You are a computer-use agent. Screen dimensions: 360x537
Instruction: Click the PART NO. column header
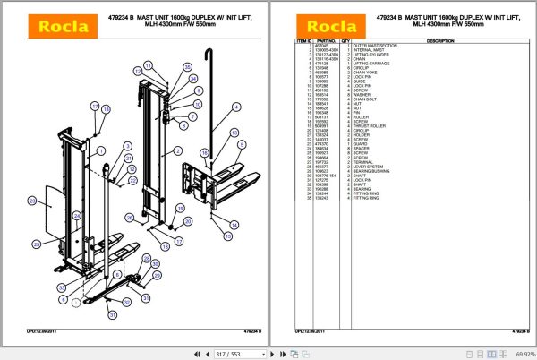[323, 41]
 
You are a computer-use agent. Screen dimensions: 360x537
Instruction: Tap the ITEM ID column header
[303, 41]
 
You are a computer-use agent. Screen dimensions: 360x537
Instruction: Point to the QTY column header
[343, 41]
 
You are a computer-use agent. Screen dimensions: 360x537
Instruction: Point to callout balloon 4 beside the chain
[237, 107]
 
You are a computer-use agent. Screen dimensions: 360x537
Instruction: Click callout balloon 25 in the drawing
[37, 244]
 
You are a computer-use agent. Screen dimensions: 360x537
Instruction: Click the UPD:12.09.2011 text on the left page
[44, 331]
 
